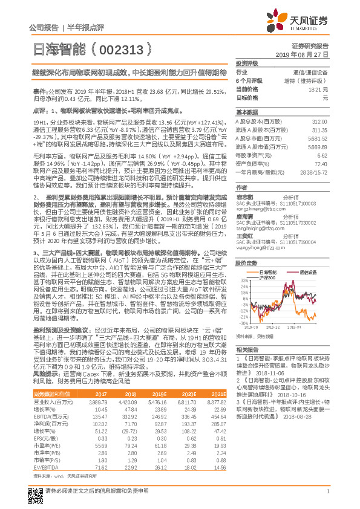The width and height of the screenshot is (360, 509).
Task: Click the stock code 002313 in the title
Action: [x=126, y=46]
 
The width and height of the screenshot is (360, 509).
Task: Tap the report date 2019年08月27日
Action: [x=306, y=54]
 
